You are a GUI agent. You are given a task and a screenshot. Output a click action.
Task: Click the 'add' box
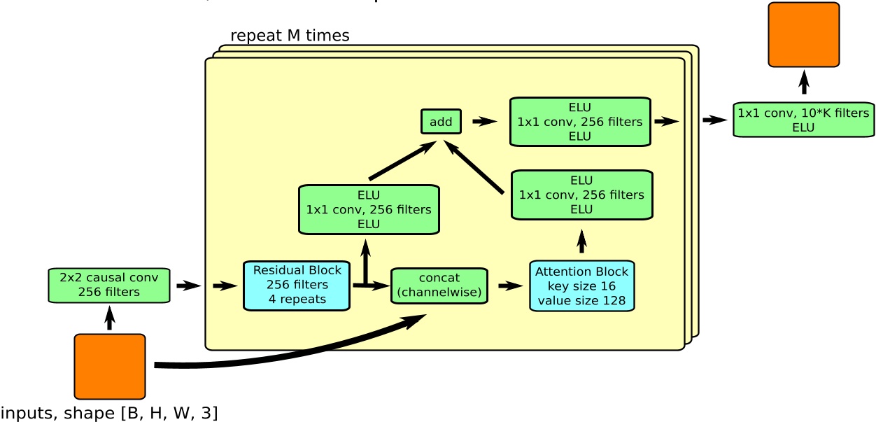pyautogui.click(x=441, y=122)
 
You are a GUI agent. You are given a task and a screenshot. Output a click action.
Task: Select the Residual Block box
pyautogui.click(x=297, y=286)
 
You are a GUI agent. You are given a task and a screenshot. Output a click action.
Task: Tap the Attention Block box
pyautogui.click(x=581, y=286)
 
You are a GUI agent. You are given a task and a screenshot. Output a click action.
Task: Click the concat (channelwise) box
pyautogui.click(x=439, y=286)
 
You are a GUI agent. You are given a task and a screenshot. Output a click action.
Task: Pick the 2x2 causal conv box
pyautogui.click(x=109, y=286)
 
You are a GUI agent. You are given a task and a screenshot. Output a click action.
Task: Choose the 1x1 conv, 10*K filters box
pyautogui.click(x=803, y=120)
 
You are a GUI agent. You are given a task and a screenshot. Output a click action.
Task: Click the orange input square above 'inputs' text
pyautogui.click(x=110, y=367)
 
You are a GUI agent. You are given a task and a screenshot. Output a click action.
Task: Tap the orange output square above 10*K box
pyautogui.click(x=803, y=35)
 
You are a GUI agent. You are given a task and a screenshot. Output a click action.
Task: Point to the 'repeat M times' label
pyautogui.click(x=290, y=36)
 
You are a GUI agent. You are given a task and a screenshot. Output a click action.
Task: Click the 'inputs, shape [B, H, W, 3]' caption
pyautogui.click(x=109, y=413)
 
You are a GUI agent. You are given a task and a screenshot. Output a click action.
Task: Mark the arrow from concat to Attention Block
pyautogui.click(x=510, y=286)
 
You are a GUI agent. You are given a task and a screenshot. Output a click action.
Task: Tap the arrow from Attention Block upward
pyautogui.click(x=581, y=241)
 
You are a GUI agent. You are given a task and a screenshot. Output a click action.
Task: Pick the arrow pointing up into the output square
pyautogui.click(x=804, y=82)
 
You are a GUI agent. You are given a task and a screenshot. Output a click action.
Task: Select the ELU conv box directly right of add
pyautogui.click(x=580, y=122)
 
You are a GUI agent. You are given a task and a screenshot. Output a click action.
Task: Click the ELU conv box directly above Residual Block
pyautogui.click(x=369, y=209)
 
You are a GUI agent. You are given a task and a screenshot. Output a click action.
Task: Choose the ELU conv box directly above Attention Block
pyautogui.click(x=581, y=195)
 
